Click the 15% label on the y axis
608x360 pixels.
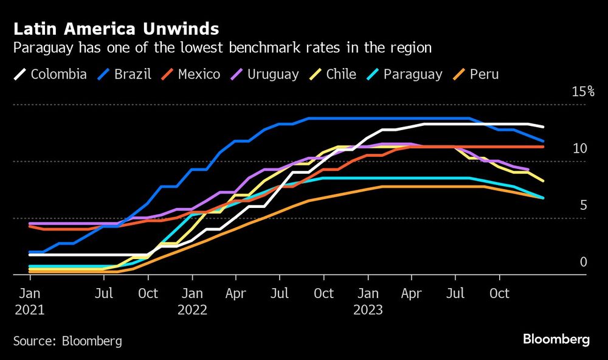click(582, 92)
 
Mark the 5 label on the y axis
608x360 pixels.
click(583, 205)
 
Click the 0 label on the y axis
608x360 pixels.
click(583, 261)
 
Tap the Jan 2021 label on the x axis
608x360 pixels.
click(30, 301)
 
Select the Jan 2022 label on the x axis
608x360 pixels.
click(192, 301)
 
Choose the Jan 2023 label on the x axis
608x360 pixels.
click(367, 301)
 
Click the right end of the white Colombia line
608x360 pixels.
click(543, 127)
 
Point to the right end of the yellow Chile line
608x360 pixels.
click(543, 181)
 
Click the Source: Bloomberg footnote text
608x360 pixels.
click(67, 341)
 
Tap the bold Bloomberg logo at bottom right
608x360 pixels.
click(556, 339)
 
